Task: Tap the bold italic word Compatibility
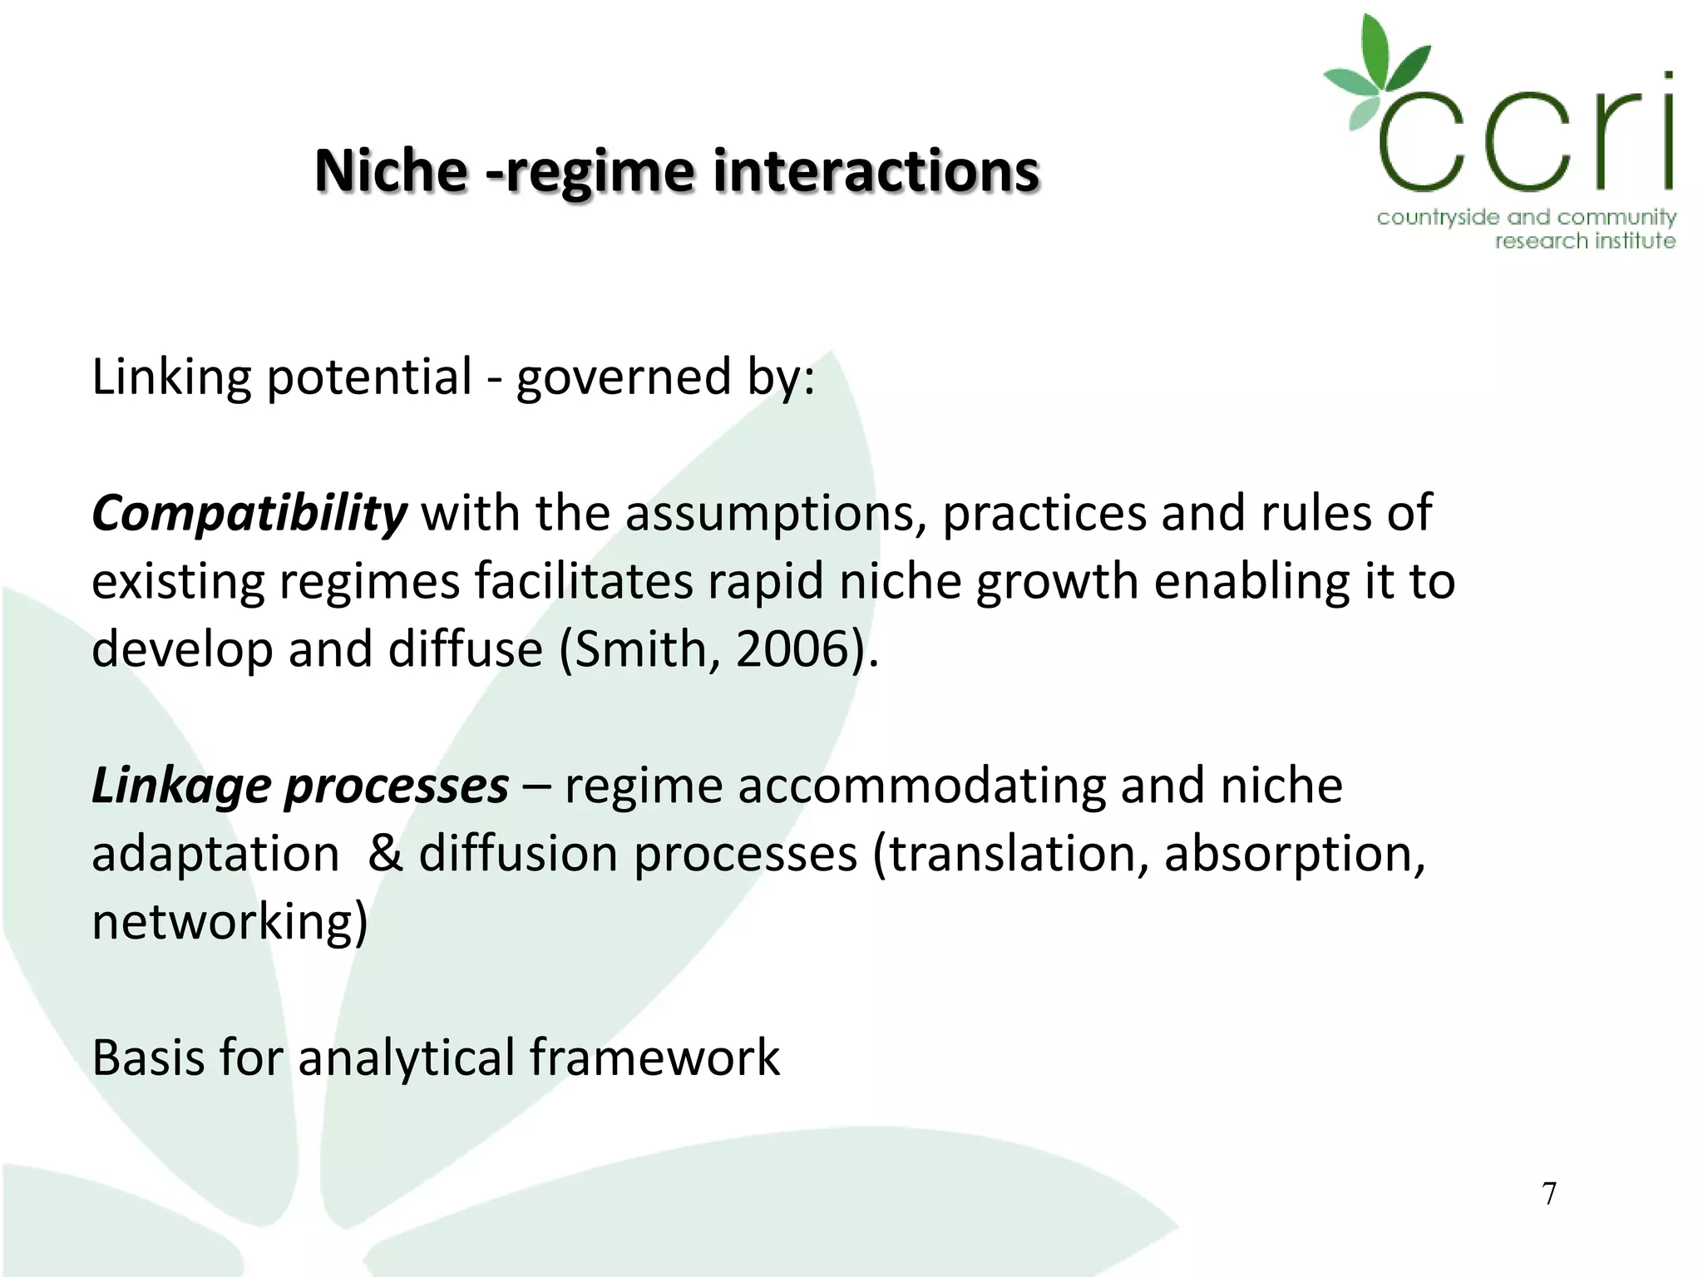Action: click(x=249, y=514)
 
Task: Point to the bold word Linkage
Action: click(x=180, y=786)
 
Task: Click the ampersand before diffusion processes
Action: click(x=385, y=854)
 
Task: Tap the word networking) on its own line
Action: click(x=230, y=923)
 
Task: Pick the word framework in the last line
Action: click(x=654, y=1058)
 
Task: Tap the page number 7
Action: click(x=1548, y=1194)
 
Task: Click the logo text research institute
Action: click(x=1584, y=241)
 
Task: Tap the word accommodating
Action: click(x=921, y=786)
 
